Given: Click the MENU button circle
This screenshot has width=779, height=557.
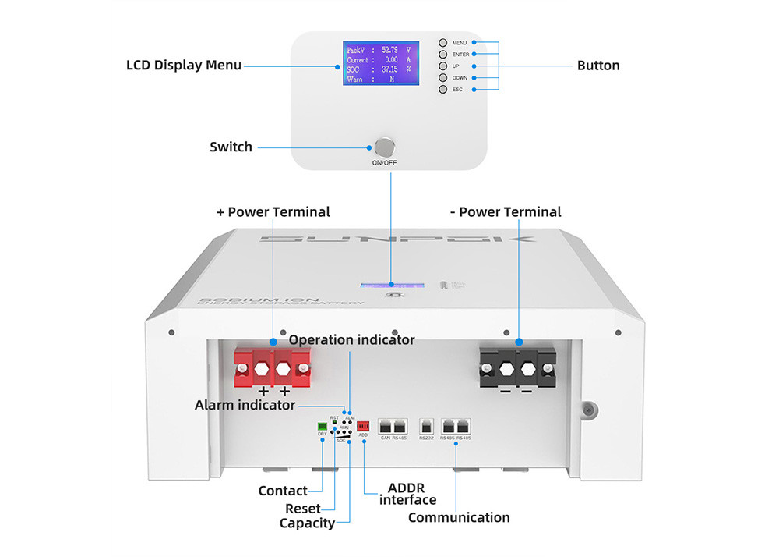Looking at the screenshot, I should click(442, 43).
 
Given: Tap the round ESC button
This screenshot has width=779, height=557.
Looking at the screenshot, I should click(442, 90).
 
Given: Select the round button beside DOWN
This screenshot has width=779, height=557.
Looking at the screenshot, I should click(442, 78).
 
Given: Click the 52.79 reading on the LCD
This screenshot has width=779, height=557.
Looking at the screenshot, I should click(389, 50).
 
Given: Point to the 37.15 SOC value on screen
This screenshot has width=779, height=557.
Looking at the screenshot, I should click(389, 69).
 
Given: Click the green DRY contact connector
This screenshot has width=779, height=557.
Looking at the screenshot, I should click(323, 425).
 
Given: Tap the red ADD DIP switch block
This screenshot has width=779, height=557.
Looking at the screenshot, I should click(362, 426).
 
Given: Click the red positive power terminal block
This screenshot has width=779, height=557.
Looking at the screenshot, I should click(272, 366).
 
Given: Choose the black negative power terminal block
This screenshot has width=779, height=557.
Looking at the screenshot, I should click(517, 366).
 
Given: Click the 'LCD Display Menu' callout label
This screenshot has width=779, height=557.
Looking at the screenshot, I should click(184, 65).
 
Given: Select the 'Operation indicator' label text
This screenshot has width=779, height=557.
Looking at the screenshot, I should click(352, 340).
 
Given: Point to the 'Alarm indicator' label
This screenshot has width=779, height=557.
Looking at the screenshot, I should click(245, 405).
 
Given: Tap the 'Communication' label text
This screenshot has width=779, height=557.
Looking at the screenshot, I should click(459, 517).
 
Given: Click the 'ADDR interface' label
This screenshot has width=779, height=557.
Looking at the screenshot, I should click(407, 494).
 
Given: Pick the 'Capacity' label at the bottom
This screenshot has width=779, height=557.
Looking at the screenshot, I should click(307, 523).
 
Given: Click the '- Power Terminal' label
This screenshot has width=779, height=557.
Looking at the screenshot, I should click(506, 211).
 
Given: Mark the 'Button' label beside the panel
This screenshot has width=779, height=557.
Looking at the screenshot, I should click(598, 66).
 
